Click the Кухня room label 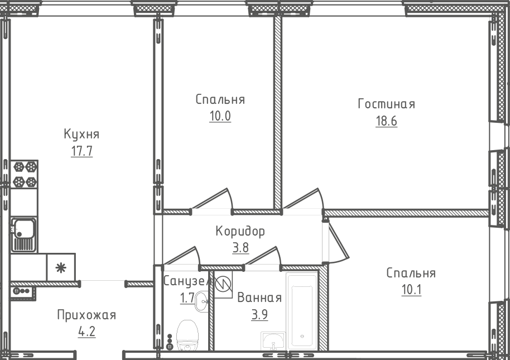tap(81, 134)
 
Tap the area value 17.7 tap(81, 151)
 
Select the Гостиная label tap(386, 104)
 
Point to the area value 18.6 tap(386, 121)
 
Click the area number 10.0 tap(220, 116)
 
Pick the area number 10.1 tap(411, 290)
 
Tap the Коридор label tap(240, 231)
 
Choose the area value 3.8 tap(240, 248)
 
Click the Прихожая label tap(86, 315)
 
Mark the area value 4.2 tap(87, 332)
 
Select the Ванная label tap(259, 298)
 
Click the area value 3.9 tap(259, 315)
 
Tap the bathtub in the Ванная tap(302, 311)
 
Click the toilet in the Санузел tap(187, 335)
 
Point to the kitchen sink tap(24, 235)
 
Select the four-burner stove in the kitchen tap(25, 174)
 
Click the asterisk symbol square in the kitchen tap(61, 267)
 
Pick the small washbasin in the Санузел tap(201, 301)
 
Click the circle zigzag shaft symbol tap(223, 285)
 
